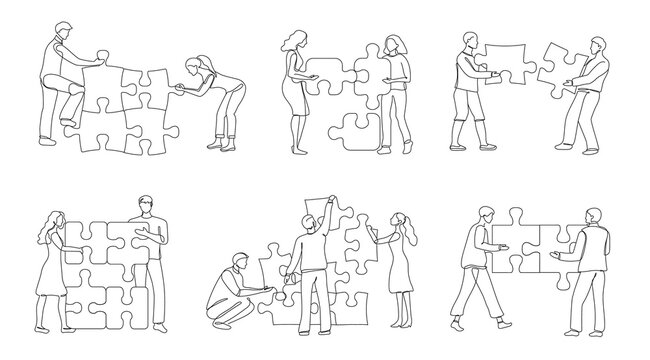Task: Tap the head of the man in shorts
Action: [x=471, y=39]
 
